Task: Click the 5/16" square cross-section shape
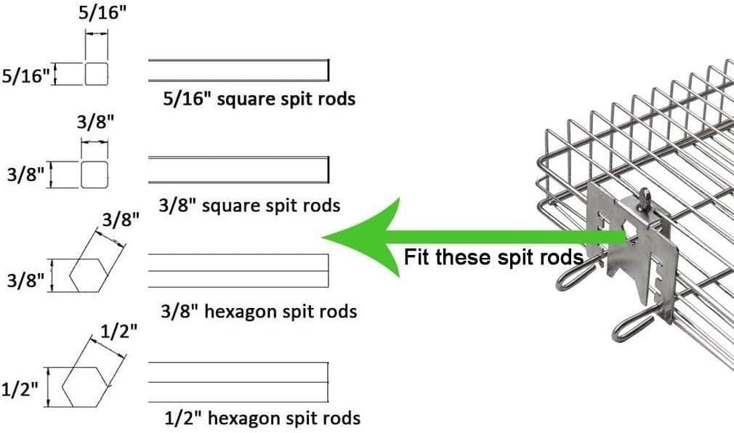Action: click(x=97, y=73)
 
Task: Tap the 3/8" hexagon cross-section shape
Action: click(x=89, y=275)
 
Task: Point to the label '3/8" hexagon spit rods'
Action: click(x=259, y=312)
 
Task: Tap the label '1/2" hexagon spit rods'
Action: click(x=262, y=418)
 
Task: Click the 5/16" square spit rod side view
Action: click(x=239, y=70)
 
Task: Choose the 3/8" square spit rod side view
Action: click(x=239, y=169)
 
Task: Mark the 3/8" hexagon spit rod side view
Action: click(x=238, y=270)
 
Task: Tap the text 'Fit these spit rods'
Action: click(x=493, y=256)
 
